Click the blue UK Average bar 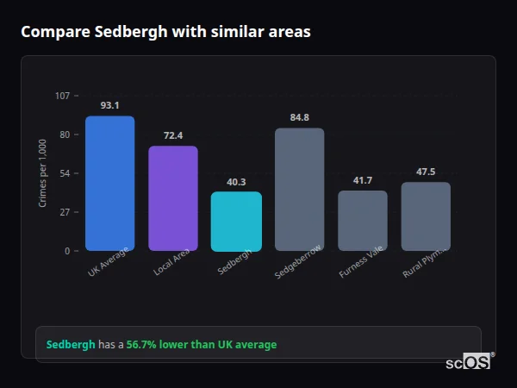pyautogui.click(x=109, y=184)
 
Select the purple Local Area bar pyautogui.click(x=173, y=198)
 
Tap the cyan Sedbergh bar pyautogui.click(x=236, y=222)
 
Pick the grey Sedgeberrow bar pyautogui.click(x=299, y=190)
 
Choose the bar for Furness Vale pyautogui.click(x=362, y=221)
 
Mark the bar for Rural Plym pyautogui.click(x=426, y=216)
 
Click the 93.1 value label pyautogui.click(x=109, y=105)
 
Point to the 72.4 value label pyautogui.click(x=173, y=135)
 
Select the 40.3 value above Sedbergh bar pyautogui.click(x=236, y=182)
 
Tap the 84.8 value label pyautogui.click(x=299, y=117)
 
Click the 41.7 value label pyautogui.click(x=362, y=180)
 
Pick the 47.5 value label pyautogui.click(x=426, y=172)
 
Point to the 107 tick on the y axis pyautogui.click(x=62, y=96)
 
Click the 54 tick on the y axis pyautogui.click(x=65, y=173)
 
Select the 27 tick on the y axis pyautogui.click(x=65, y=212)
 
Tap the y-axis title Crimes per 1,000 pyautogui.click(x=43, y=173)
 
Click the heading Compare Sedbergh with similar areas pyautogui.click(x=165, y=32)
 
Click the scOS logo pyautogui.click(x=469, y=362)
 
